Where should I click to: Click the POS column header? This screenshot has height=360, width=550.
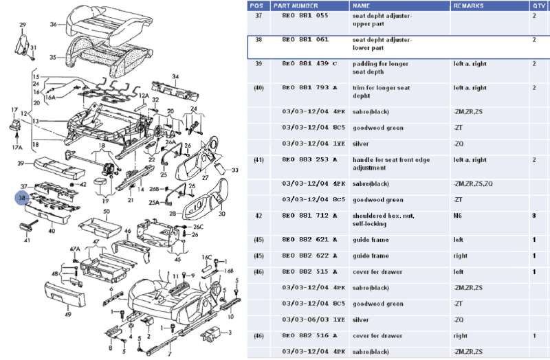[x=258, y=5]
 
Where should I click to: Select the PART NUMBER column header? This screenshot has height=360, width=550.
[x=296, y=5]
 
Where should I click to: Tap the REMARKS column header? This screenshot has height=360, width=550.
[x=469, y=5]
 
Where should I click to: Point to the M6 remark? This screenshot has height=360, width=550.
[x=459, y=215]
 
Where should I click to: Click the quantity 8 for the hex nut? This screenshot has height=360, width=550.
[x=533, y=215]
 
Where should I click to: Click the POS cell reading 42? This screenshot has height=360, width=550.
[x=258, y=215]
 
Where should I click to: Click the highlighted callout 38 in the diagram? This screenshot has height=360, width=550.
[x=23, y=198]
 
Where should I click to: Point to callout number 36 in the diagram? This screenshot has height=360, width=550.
[x=53, y=24]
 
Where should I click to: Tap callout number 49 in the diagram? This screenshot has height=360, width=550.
[x=68, y=314]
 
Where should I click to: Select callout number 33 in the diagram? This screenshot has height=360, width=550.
[x=234, y=170]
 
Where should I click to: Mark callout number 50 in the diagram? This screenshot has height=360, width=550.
[x=107, y=213]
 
